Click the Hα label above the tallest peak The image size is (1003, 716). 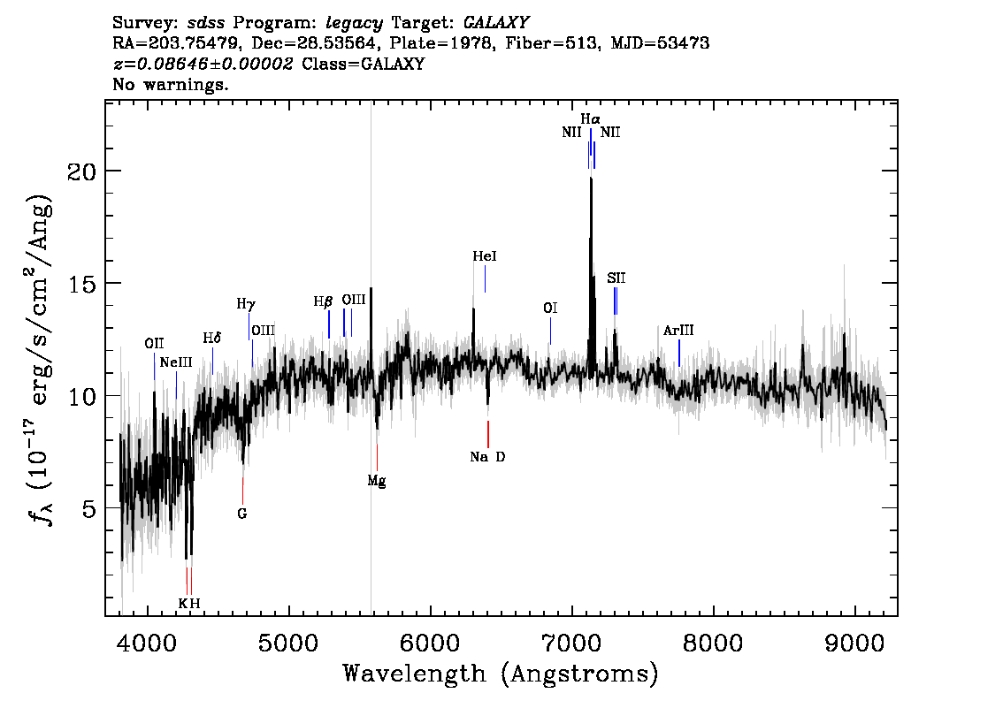591,119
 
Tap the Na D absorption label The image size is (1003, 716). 487,456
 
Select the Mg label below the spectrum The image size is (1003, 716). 377,481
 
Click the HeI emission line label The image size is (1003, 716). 484,256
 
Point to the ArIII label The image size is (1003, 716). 678,331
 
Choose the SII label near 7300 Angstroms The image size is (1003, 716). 616,278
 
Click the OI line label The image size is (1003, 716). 550,308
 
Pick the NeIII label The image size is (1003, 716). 176,362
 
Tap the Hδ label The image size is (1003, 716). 211,338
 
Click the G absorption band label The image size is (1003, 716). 241,514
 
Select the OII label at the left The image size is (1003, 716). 154,343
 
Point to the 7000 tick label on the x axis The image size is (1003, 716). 571,643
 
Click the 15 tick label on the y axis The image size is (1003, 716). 80,283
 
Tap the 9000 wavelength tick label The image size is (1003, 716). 854,643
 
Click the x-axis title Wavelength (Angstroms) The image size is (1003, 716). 501,674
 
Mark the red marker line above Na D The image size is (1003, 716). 488,434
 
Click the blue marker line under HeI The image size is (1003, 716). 485,278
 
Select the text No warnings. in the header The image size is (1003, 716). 170,84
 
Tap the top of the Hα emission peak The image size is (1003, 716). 591,178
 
